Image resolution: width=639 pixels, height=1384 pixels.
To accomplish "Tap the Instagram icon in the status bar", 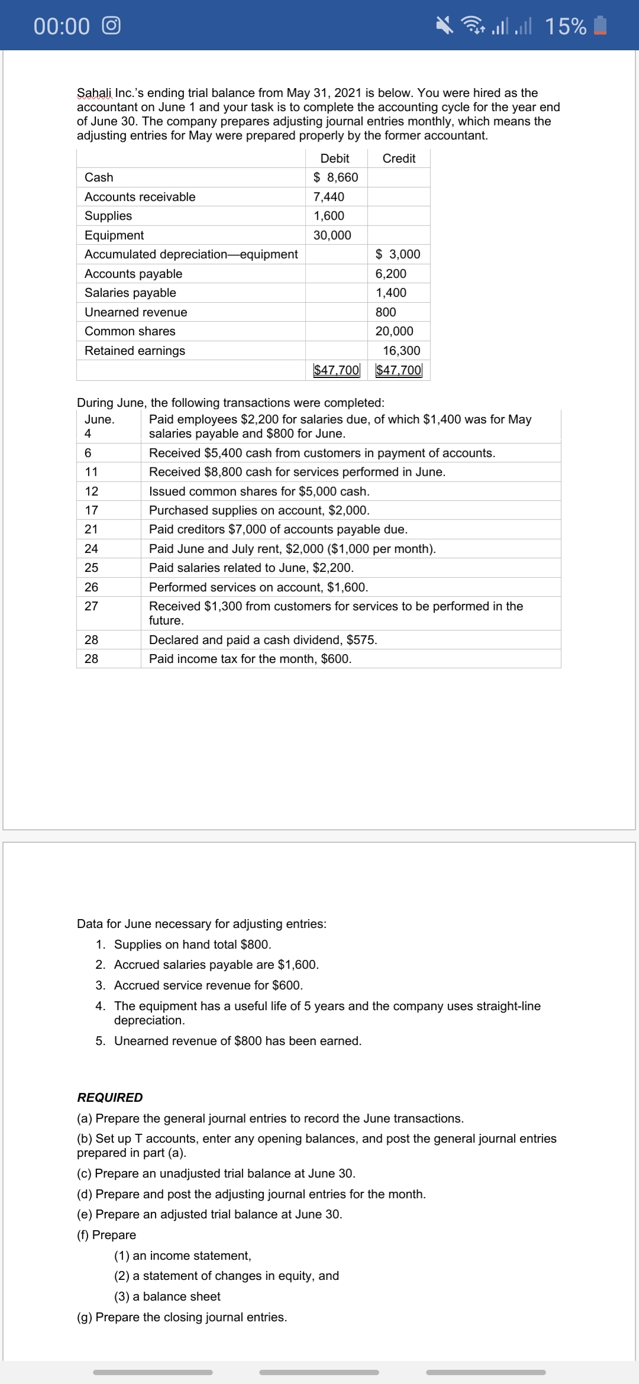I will coord(111,25).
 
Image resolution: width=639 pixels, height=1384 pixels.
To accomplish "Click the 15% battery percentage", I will coord(565,26).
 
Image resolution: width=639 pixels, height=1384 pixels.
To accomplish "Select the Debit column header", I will coord(334,159).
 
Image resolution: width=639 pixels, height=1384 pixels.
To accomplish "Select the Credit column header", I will coord(399,159).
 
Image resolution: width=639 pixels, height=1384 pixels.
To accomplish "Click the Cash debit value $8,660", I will coord(335,177).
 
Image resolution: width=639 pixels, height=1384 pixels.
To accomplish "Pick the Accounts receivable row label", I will coord(140,197).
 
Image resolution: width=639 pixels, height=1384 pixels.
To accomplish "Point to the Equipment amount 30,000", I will coord(332,235).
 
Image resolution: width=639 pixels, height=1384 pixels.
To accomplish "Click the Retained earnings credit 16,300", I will coord(401,351).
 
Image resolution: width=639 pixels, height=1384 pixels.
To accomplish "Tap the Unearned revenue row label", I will coord(135,312).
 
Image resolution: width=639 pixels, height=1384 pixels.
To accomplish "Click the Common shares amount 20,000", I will coord(394,331).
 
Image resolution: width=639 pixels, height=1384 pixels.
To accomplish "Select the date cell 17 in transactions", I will coord(91,510).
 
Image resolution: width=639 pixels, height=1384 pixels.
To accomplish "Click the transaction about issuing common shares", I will coord(259,491).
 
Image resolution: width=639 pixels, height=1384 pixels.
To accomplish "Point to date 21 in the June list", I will coord(91,529).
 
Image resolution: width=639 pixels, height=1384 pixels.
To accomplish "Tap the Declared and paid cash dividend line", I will coord(263,640).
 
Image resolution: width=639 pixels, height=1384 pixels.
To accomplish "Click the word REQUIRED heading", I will coord(110,1097).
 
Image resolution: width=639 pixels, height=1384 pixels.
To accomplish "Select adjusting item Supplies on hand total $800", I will coord(192,945).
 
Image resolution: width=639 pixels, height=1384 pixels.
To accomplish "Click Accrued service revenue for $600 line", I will coord(208,985).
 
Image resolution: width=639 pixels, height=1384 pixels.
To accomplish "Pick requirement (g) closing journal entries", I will coord(182,1317).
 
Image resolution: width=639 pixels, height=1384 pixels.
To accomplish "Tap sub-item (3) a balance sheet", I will coord(167,1296).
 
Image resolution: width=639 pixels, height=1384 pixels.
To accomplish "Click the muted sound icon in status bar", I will coord(444,25).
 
